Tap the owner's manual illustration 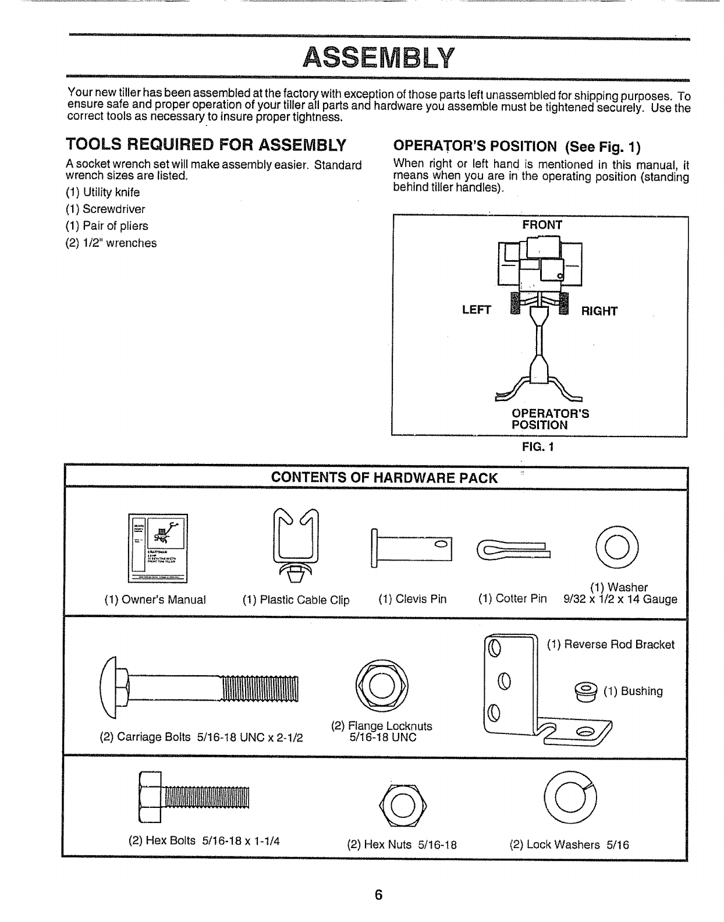point(158,548)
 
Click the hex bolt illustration point(194,797)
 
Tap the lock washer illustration point(570,797)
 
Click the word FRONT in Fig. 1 point(542,225)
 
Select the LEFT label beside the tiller point(476,310)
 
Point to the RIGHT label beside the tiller point(599,311)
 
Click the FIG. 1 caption point(540,447)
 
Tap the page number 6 point(378,895)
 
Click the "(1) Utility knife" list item point(102,192)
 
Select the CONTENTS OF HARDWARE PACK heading point(385,478)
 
